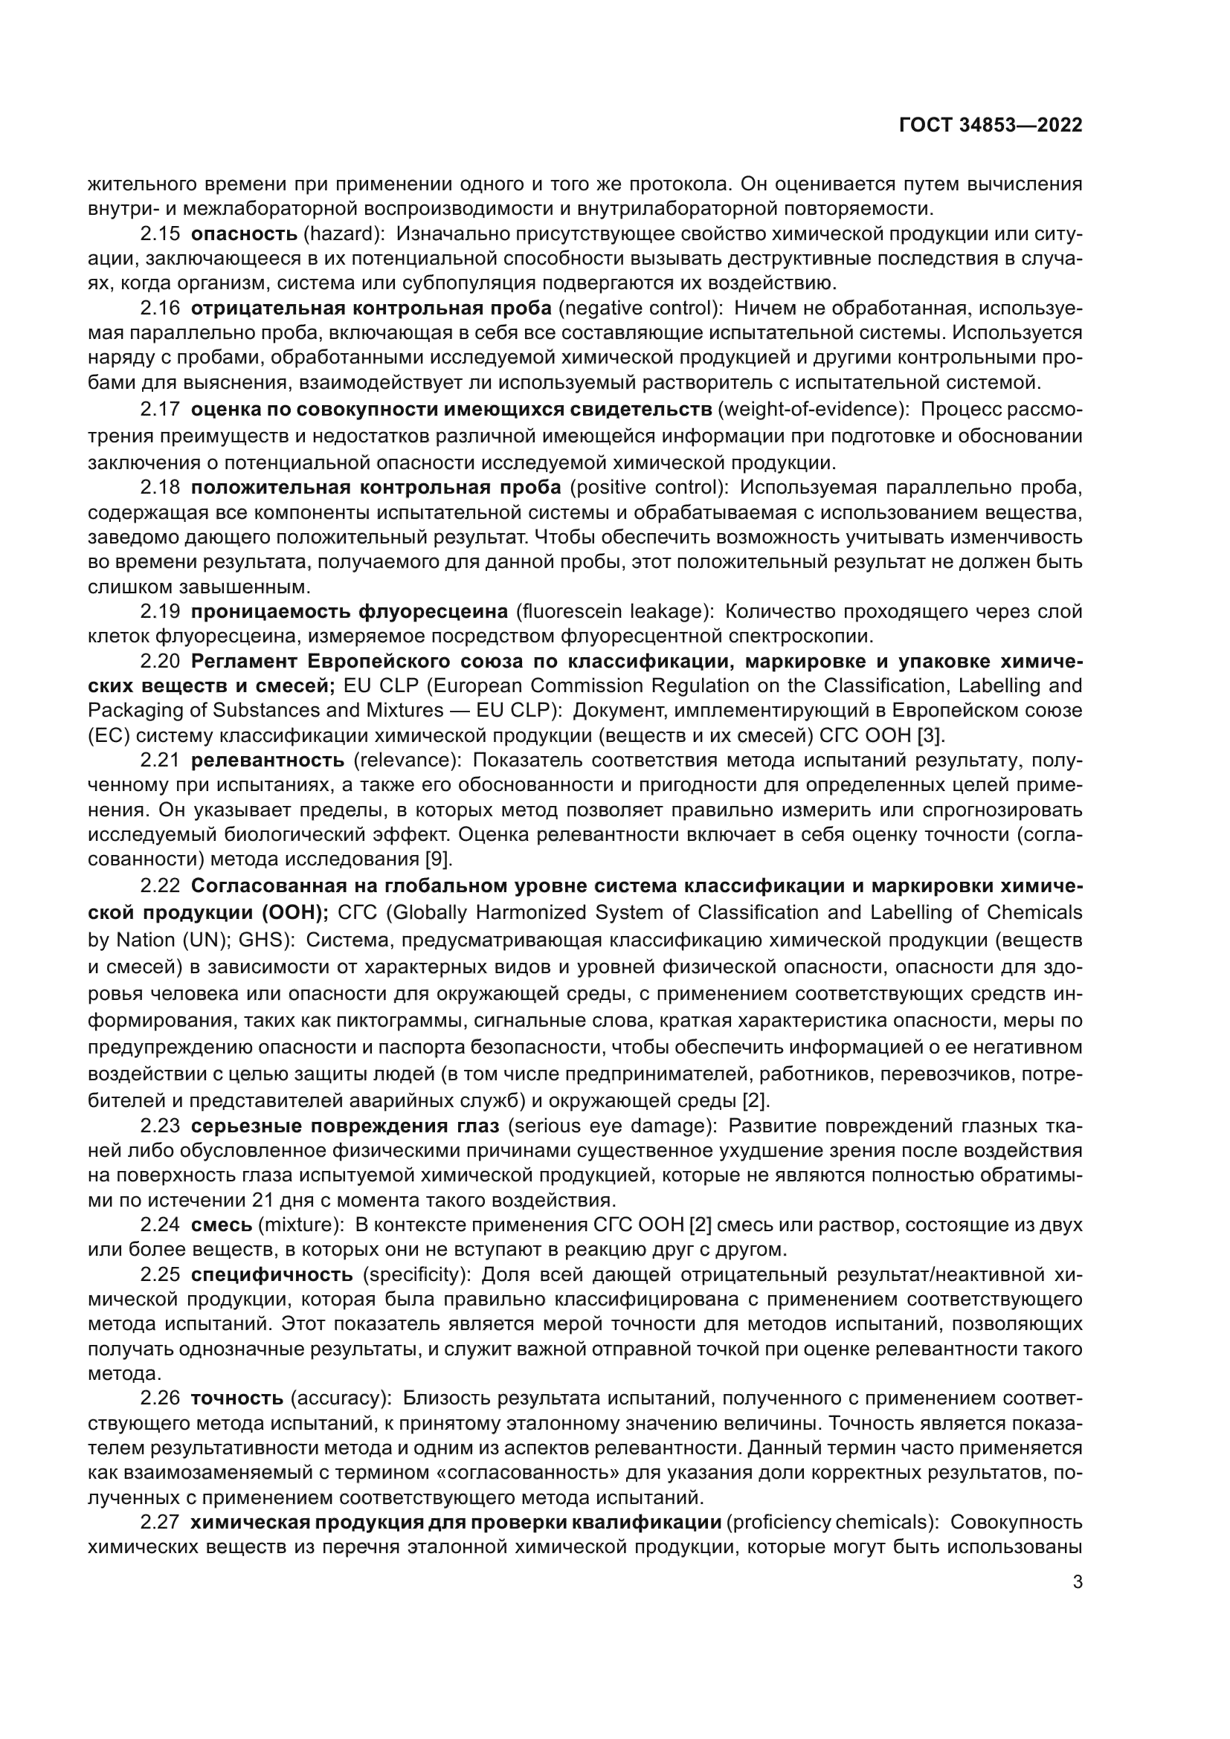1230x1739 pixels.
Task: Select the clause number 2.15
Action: tap(160, 234)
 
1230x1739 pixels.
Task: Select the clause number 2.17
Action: tap(160, 410)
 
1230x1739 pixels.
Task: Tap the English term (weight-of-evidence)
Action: tap(813, 410)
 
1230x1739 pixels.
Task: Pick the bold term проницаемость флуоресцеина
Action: tap(350, 611)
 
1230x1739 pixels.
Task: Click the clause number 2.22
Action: tap(160, 885)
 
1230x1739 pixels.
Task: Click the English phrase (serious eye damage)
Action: tap(611, 1126)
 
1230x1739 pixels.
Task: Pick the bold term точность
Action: tap(237, 1398)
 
